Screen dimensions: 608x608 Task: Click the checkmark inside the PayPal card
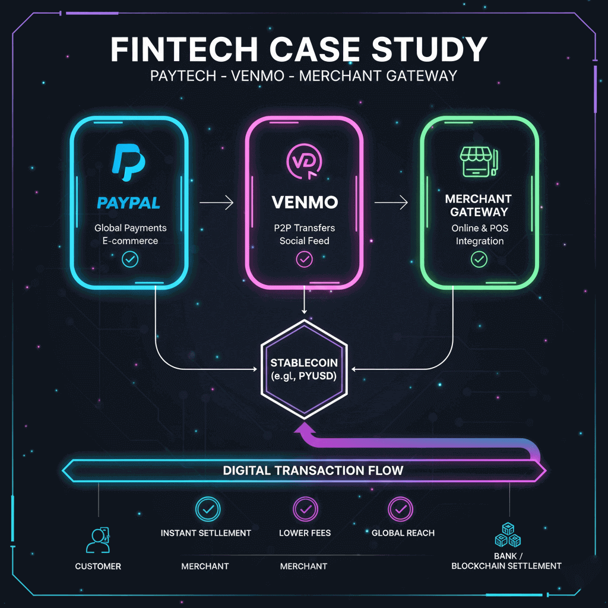click(x=129, y=259)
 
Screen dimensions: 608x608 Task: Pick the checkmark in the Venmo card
click(x=304, y=259)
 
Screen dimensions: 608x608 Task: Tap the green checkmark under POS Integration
click(x=479, y=259)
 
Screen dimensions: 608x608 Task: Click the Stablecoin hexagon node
click(x=304, y=368)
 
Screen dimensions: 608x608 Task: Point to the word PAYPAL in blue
click(x=128, y=203)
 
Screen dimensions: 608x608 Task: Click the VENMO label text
click(x=304, y=202)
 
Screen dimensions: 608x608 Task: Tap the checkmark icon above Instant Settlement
click(x=208, y=509)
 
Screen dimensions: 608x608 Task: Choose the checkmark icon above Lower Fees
click(x=305, y=509)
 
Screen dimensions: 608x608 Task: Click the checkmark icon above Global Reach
click(x=400, y=509)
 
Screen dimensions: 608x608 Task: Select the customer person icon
click(x=97, y=540)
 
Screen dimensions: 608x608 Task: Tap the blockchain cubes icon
click(x=508, y=535)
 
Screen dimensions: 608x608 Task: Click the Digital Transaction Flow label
click(x=313, y=471)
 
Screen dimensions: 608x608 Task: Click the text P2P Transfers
click(x=305, y=228)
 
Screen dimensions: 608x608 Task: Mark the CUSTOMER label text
click(x=98, y=566)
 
